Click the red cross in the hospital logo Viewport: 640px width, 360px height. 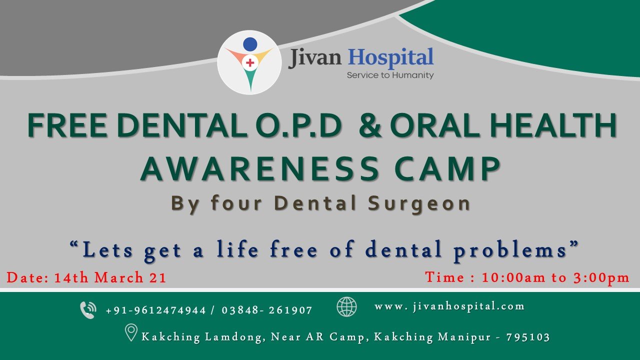coord(250,62)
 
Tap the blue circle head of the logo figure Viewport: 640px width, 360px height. coord(250,44)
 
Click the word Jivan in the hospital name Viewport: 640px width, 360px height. coord(314,58)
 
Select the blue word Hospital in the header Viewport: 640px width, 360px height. coord(390,58)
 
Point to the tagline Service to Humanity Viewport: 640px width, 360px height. coord(390,75)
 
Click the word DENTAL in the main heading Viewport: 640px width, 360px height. coord(182,125)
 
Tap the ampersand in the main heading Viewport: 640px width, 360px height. coord(370,125)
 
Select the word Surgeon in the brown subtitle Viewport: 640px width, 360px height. coord(419,204)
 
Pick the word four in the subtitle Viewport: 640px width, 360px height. coord(236,203)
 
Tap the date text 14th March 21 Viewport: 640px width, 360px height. coord(110,277)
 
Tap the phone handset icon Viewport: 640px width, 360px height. coord(88,310)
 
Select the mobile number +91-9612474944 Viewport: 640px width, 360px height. coord(156,310)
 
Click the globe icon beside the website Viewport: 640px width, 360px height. coord(346,307)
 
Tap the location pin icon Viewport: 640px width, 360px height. coord(131,332)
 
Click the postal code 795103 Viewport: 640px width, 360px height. coord(528,337)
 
